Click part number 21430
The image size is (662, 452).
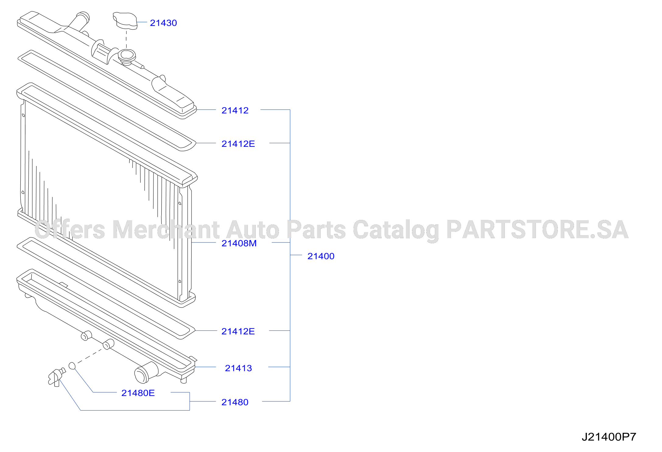pos(163,23)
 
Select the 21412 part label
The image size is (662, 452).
pos(235,110)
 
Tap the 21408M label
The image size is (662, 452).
pos(239,243)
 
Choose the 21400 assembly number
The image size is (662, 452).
pos(321,256)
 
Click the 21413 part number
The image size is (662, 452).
pos(238,368)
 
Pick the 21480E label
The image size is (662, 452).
pos(138,393)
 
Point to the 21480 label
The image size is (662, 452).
pos(235,402)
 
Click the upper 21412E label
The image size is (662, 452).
pos(238,144)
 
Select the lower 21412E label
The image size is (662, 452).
pos(238,331)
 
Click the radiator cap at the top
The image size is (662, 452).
pos(125,21)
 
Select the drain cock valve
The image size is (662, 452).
pos(56,377)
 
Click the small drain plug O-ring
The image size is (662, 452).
pos(72,366)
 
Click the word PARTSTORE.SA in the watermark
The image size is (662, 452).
pos(537,229)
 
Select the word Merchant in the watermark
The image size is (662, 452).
pos(166,229)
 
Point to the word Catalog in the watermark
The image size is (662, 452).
pos(396,230)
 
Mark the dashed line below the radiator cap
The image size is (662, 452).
pos(126,39)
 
